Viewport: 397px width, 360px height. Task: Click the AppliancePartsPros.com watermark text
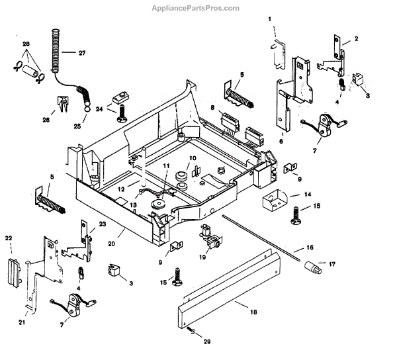coord(198,8)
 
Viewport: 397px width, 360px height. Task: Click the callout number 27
coord(82,52)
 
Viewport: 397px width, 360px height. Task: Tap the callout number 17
coord(332,264)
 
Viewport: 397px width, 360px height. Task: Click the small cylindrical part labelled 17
coord(312,267)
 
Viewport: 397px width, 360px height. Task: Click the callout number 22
coord(9,238)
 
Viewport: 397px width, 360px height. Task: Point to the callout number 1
coord(270,20)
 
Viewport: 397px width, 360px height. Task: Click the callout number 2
coord(355,39)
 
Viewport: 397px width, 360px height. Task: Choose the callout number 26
coord(45,120)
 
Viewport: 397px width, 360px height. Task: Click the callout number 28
coord(26,44)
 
